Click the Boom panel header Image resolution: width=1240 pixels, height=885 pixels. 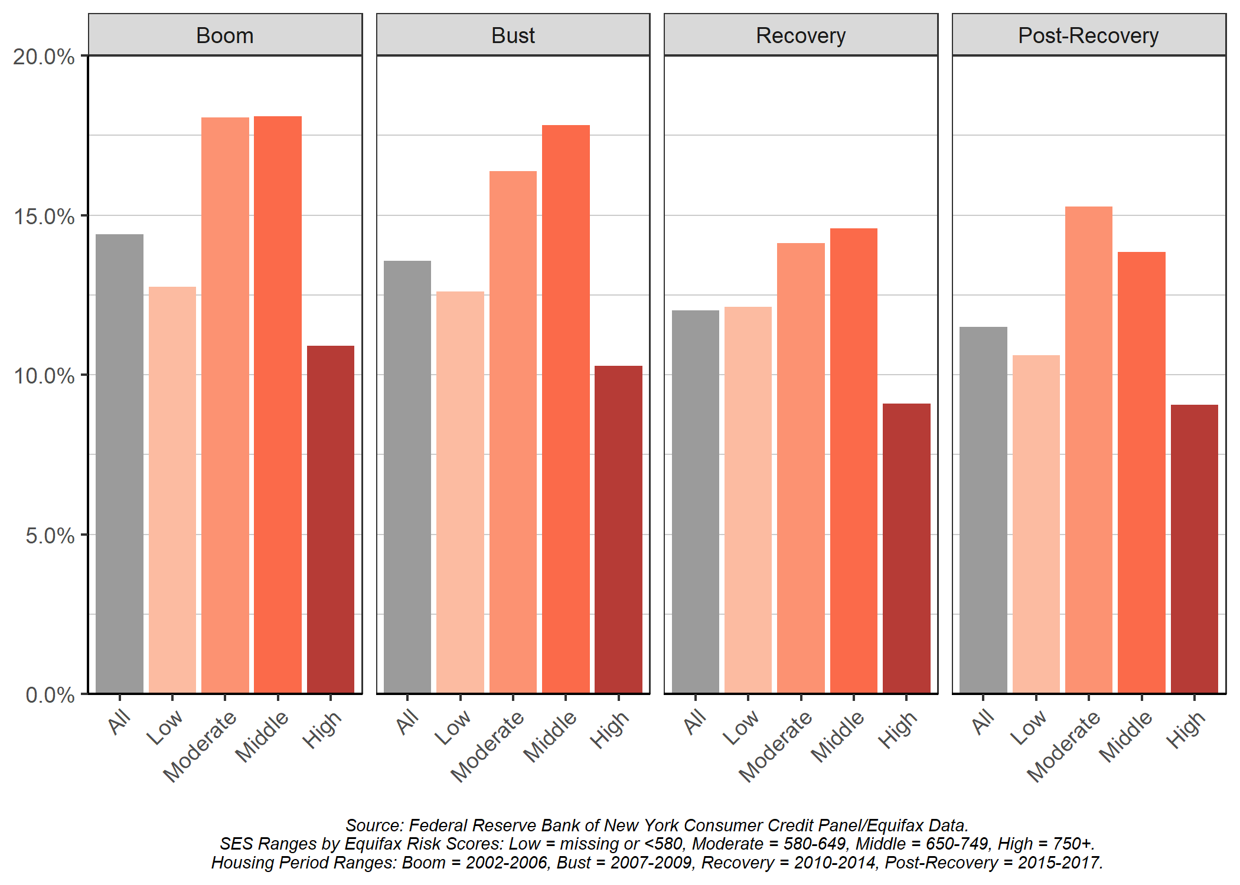click(x=225, y=35)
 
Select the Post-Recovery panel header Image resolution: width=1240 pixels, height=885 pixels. click(x=1088, y=35)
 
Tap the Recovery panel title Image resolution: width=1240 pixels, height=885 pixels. click(x=801, y=35)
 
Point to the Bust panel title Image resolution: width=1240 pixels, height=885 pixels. click(x=513, y=35)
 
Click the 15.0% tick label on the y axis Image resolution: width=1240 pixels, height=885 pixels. click(x=44, y=217)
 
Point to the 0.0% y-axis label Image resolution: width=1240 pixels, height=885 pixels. click(x=50, y=694)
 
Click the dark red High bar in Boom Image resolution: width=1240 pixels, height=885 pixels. click(x=331, y=519)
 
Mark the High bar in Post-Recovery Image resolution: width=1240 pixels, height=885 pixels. click(x=1195, y=549)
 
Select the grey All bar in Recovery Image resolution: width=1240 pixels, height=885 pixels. click(x=696, y=501)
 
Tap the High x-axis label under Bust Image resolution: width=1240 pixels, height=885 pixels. click(x=610, y=730)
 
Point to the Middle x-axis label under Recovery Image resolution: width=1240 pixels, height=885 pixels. click(x=837, y=737)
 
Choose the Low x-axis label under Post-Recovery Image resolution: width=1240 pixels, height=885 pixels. click(x=1028, y=727)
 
